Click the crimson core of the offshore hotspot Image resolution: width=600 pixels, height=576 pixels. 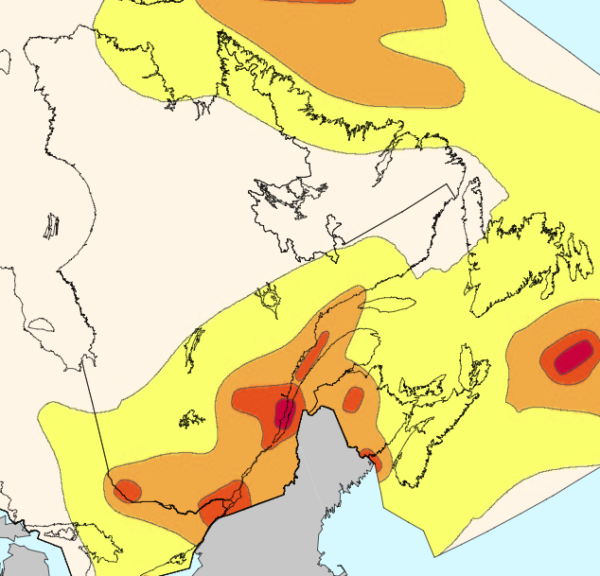572,358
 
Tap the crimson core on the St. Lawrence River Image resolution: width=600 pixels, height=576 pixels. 284,411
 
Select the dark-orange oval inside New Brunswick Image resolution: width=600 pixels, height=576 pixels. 353,399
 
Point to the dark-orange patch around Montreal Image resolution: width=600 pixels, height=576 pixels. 225,495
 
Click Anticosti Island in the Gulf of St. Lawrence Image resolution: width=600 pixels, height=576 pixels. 388,305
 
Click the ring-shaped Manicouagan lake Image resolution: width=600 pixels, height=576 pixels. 271,299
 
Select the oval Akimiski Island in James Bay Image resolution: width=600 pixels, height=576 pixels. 41,324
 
